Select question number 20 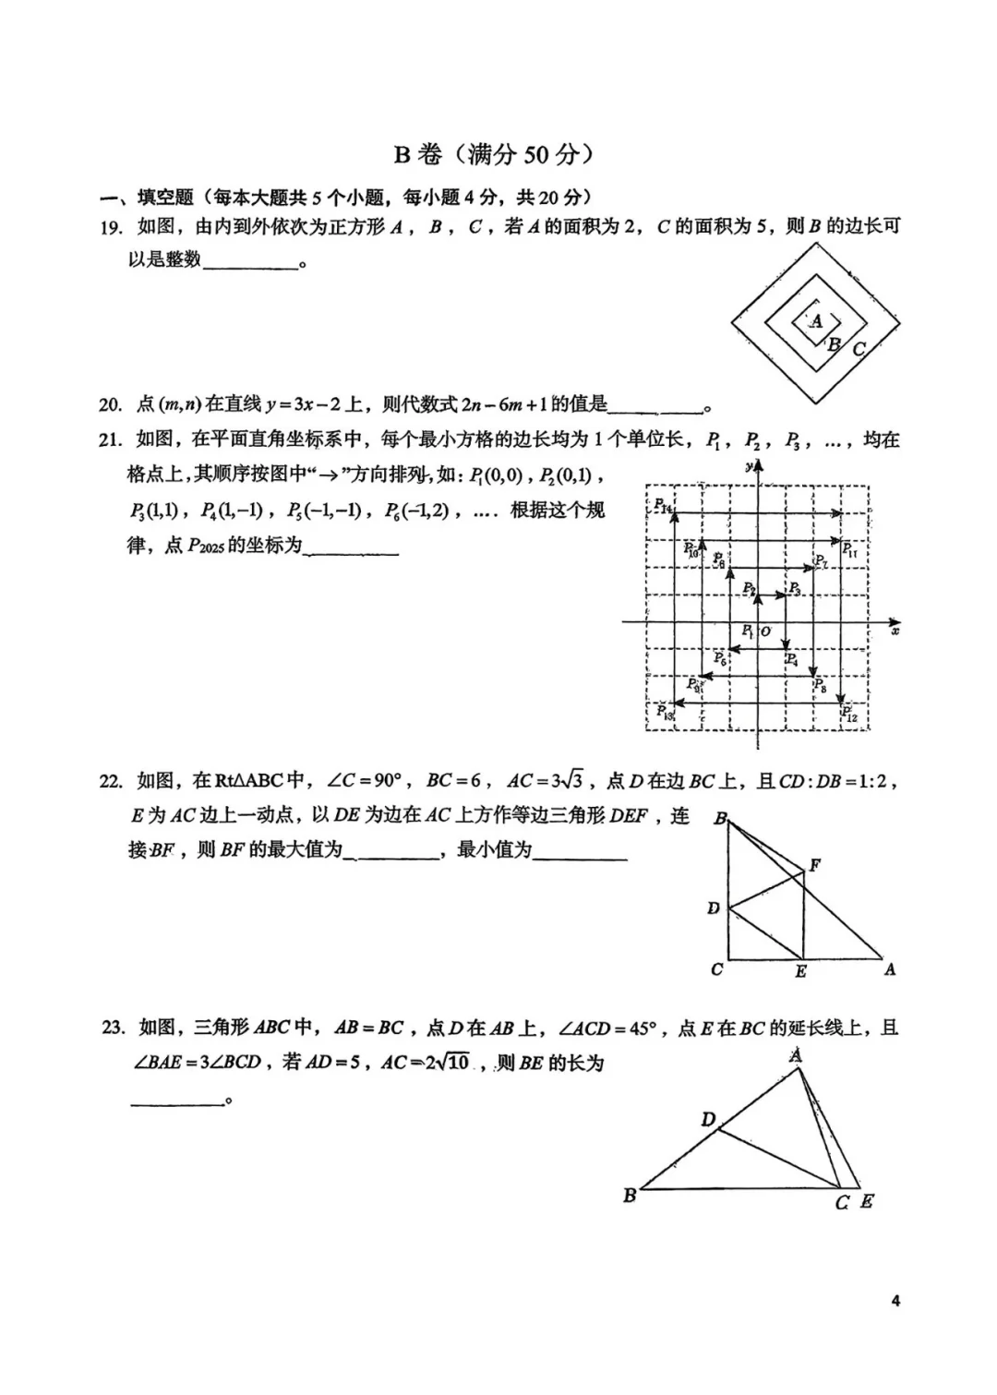pos(111,404)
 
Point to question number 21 pos(111,440)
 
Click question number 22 pos(111,782)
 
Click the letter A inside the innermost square pos(816,322)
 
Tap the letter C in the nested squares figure pos(859,349)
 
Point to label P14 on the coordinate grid pos(664,506)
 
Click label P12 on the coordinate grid pos(849,714)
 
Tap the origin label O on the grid pos(765,631)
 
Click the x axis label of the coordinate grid pos(895,631)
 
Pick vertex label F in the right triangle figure pos(814,865)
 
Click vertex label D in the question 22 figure pos(713,908)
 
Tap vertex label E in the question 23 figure pos(866,1202)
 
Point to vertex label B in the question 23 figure pos(630,1196)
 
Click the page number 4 pos(895,1301)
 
